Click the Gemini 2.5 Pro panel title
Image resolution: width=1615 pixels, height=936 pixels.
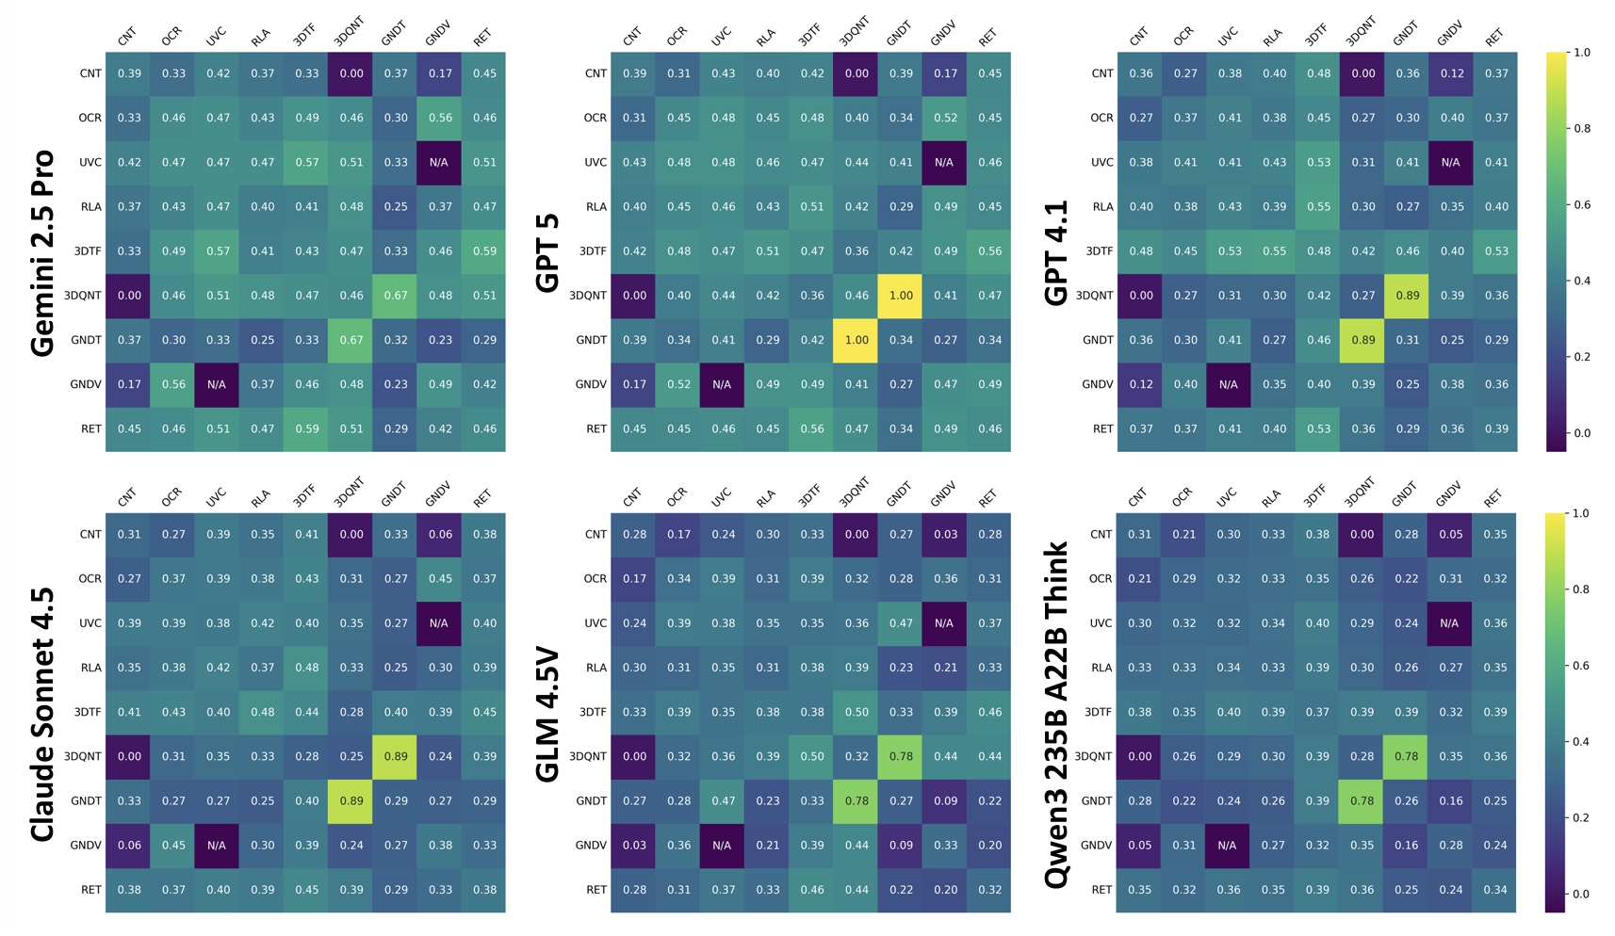[42, 252]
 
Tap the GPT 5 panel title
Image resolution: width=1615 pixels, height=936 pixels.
[547, 252]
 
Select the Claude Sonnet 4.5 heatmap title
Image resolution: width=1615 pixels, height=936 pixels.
[42, 714]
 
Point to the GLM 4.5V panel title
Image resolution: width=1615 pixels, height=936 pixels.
[547, 714]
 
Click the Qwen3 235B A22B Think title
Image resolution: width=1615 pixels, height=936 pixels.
[1056, 714]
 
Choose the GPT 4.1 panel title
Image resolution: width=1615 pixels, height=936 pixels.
[1056, 252]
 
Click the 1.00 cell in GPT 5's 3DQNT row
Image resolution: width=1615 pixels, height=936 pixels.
[901, 296]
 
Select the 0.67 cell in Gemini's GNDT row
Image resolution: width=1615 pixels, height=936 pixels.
[351, 340]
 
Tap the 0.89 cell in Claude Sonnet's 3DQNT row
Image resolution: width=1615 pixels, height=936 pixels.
[396, 756]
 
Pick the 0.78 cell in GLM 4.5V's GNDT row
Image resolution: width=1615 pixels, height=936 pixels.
[856, 801]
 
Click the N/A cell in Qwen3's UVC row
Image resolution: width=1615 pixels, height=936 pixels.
[1449, 623]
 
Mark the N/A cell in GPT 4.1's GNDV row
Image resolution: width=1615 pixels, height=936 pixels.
[1229, 384]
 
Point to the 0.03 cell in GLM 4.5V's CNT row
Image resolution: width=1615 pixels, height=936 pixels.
[945, 535]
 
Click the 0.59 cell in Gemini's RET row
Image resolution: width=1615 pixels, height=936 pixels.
[307, 428]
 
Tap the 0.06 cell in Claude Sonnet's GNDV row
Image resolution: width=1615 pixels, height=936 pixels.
[129, 846]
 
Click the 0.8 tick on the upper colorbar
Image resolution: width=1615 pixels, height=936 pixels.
[1581, 129]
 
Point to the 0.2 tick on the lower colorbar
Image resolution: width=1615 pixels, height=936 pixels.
[1580, 818]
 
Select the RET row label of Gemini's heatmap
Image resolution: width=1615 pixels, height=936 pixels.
[90, 429]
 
